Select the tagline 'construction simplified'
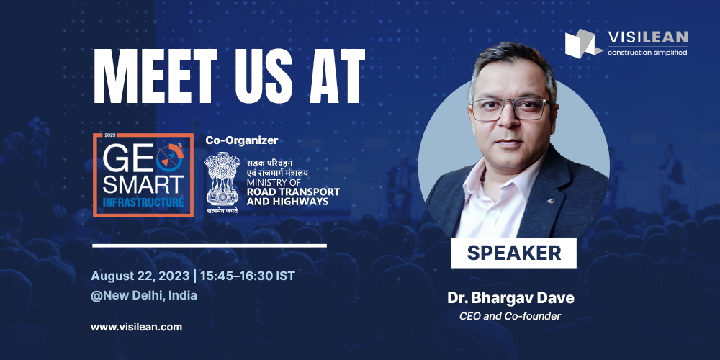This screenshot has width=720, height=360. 647,52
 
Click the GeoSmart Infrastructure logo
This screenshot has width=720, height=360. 143,175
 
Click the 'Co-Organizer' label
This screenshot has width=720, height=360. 242,140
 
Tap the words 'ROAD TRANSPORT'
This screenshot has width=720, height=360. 293,192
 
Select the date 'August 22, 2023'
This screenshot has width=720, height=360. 140,276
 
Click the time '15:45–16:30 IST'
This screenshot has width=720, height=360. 246,276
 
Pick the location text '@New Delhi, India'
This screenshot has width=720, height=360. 144,295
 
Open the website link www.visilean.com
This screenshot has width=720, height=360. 136,327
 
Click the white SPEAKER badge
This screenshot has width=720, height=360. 513,253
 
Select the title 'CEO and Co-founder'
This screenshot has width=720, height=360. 510,315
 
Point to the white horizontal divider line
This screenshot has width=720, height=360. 210,246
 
